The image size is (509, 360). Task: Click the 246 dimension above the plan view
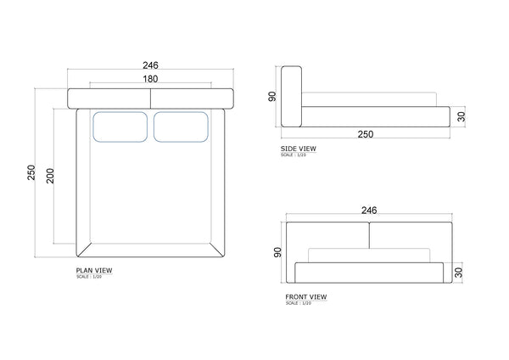[x=151, y=65]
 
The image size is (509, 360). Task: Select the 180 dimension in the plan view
[x=151, y=79]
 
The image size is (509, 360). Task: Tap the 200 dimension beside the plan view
[x=50, y=176]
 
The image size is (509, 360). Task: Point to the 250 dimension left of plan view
[x=31, y=172]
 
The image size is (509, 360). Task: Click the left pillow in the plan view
[x=120, y=127]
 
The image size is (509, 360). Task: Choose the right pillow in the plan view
[x=181, y=127]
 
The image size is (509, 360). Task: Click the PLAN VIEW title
[x=94, y=270]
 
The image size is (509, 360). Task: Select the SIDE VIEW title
[x=299, y=149]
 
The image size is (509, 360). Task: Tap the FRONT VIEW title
[x=306, y=296]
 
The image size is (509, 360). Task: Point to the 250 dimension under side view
[x=366, y=134]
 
